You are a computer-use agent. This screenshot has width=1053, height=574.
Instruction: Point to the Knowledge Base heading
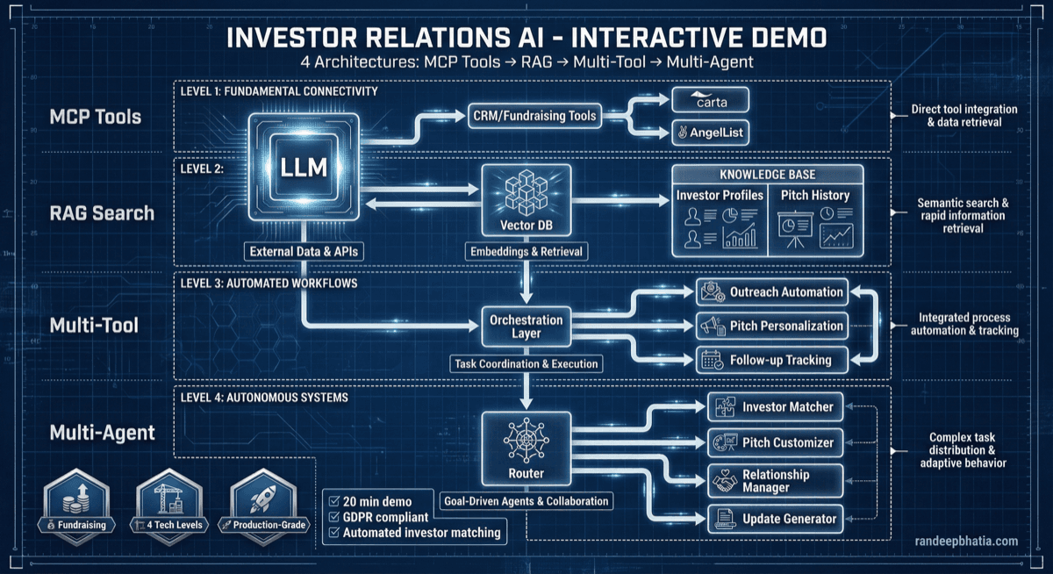(768, 174)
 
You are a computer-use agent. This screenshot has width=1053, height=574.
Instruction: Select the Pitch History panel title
(814, 195)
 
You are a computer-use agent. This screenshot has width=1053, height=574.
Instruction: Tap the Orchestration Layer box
(525, 326)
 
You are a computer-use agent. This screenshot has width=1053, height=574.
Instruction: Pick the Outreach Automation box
(772, 292)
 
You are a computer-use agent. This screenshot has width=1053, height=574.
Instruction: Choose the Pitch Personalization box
(772, 326)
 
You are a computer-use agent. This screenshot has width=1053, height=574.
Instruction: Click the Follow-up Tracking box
(772, 360)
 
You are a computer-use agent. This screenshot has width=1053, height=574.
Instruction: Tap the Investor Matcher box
(775, 406)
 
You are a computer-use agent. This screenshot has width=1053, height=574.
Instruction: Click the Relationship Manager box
(775, 481)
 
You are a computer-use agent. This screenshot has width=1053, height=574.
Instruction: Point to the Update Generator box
(775, 519)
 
